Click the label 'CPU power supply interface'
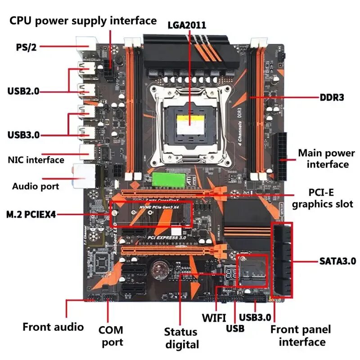click(83, 21)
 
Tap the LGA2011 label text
click(187, 25)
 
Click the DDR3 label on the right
click(332, 97)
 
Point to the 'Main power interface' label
click(326, 158)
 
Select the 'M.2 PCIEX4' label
click(31, 215)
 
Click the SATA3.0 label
click(337, 261)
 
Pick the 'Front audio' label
click(53, 327)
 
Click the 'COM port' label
click(111, 336)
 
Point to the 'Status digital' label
click(181, 338)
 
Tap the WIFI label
click(214, 317)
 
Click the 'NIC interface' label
click(36, 160)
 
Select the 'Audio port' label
click(36, 186)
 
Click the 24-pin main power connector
click(283, 155)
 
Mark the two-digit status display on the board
click(229, 273)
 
